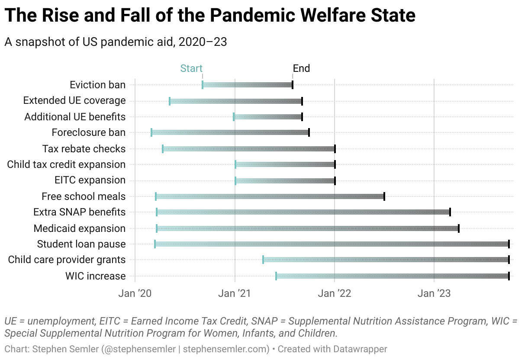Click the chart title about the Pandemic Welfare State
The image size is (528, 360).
[x=210, y=16]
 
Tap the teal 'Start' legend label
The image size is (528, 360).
[x=191, y=68]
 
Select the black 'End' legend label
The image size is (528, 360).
[x=301, y=68]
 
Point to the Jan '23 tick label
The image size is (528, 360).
[x=434, y=293]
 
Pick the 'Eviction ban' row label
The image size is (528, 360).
[x=98, y=85]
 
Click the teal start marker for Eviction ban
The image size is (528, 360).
[x=203, y=85]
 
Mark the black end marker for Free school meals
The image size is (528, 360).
[x=384, y=196]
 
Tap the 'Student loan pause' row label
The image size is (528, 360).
[x=81, y=244]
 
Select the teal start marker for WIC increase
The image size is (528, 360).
[x=276, y=276]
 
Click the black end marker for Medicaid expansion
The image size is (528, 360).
[x=459, y=228]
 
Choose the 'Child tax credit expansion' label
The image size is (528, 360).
[x=66, y=164]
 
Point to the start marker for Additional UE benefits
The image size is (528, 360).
[x=234, y=117]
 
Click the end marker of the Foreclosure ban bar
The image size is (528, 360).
[x=309, y=132]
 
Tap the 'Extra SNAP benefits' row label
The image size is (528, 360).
[x=80, y=212]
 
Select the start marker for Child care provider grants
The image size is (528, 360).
[x=263, y=260]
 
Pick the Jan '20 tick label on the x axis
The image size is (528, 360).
[x=135, y=293]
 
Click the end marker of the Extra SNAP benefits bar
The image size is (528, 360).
[x=450, y=212]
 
